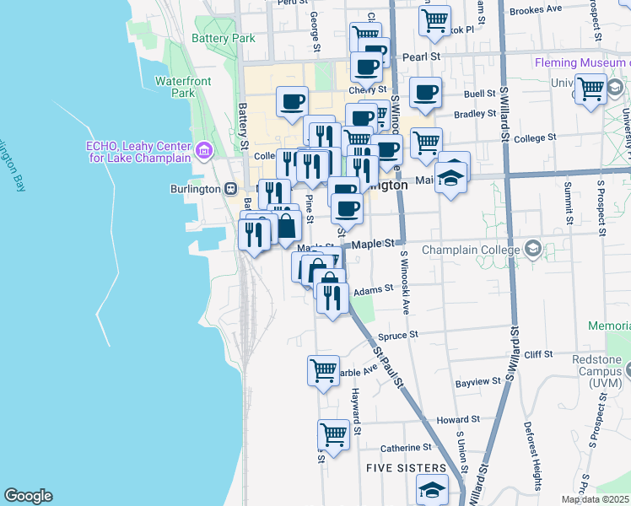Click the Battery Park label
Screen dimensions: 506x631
point(223,38)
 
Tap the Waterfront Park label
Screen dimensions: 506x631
point(182,87)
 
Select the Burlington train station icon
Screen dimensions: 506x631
point(229,189)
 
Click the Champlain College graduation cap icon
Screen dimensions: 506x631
point(532,249)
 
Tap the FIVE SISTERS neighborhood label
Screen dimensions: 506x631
point(406,467)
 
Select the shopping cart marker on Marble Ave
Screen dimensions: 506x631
point(323,369)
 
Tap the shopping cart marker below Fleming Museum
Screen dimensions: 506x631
point(591,88)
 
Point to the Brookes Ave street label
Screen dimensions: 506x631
point(536,9)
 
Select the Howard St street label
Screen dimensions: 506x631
point(458,418)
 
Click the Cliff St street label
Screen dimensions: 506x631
point(537,355)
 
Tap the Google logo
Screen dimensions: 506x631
point(28,496)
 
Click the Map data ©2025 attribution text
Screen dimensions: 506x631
point(595,499)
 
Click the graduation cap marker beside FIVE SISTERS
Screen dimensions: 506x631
point(432,489)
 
